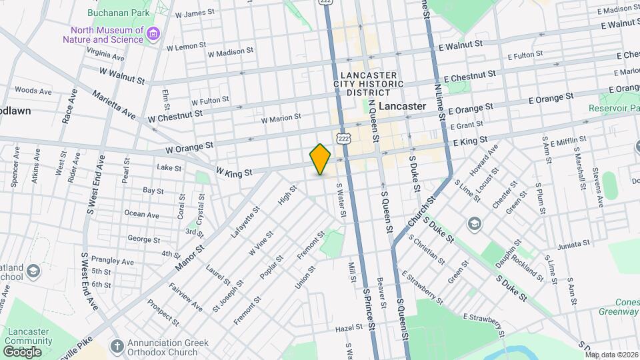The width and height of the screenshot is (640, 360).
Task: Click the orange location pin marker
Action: pyautogui.click(x=321, y=159)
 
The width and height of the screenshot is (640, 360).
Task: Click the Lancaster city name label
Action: pyautogui.click(x=402, y=106)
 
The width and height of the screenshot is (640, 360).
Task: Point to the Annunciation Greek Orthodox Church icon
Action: pyautogui.click(x=117, y=345)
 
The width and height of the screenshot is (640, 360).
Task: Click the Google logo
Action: pyautogui.click(x=22, y=351)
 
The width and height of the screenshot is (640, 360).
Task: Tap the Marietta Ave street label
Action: pyautogui.click(x=114, y=105)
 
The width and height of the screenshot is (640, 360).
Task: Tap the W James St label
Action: pyautogui.click(x=195, y=14)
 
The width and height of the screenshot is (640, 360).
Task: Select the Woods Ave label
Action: pyautogui.click(x=29, y=90)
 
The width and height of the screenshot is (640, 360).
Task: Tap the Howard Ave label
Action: pyautogui.click(x=484, y=161)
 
